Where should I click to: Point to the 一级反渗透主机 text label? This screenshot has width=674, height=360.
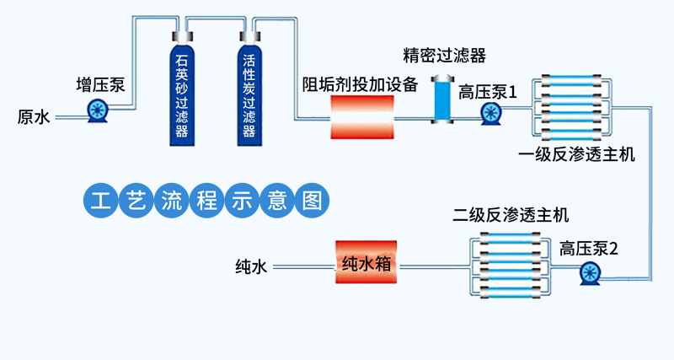pyautogui.click(x=577, y=154)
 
